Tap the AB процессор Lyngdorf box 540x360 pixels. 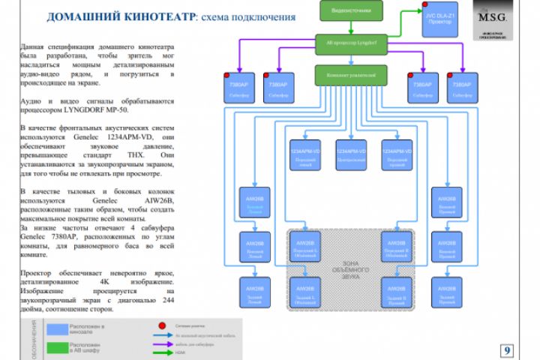click(351, 44)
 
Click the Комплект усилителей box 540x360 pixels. click(351, 76)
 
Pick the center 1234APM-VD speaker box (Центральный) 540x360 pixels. click(351, 154)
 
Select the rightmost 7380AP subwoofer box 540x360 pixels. click(463, 88)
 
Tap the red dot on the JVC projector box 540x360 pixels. click(424, 11)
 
